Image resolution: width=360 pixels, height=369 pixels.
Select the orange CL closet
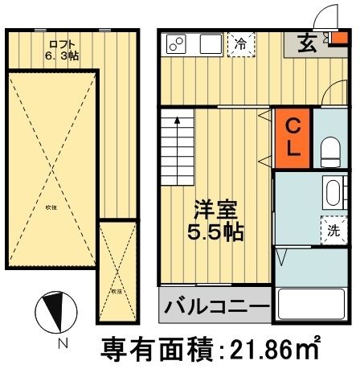click(293, 137)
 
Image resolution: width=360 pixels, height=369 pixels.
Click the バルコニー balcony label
click(215, 308)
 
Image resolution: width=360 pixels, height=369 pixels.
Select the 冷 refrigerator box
click(240, 45)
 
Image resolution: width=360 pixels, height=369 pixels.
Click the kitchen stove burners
click(178, 43)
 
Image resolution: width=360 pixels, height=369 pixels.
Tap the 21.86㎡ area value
click(273, 350)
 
